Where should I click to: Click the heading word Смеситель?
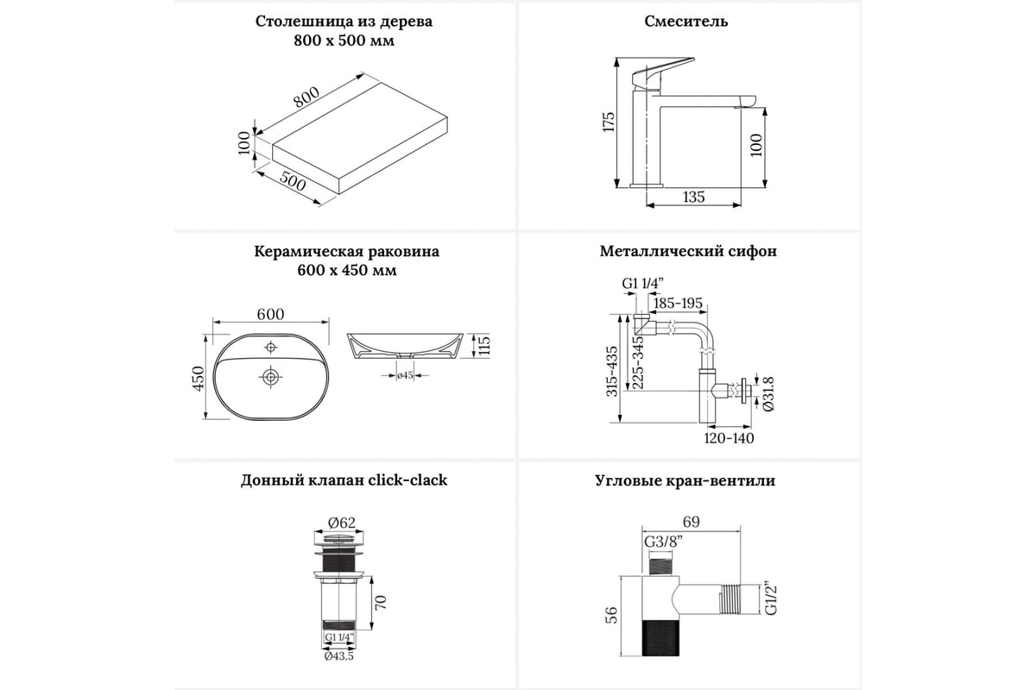686,22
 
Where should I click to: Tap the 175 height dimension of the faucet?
608,122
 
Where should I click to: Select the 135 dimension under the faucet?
693,198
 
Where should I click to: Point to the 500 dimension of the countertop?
294,184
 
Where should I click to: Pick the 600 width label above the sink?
270,316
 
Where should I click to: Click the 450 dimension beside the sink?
197,378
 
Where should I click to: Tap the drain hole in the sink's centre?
271,377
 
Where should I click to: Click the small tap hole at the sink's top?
271,347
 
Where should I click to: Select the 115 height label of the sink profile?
484,347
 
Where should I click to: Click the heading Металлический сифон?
688,252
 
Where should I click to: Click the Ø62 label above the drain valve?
343,521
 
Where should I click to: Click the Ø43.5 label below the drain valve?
339,656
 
